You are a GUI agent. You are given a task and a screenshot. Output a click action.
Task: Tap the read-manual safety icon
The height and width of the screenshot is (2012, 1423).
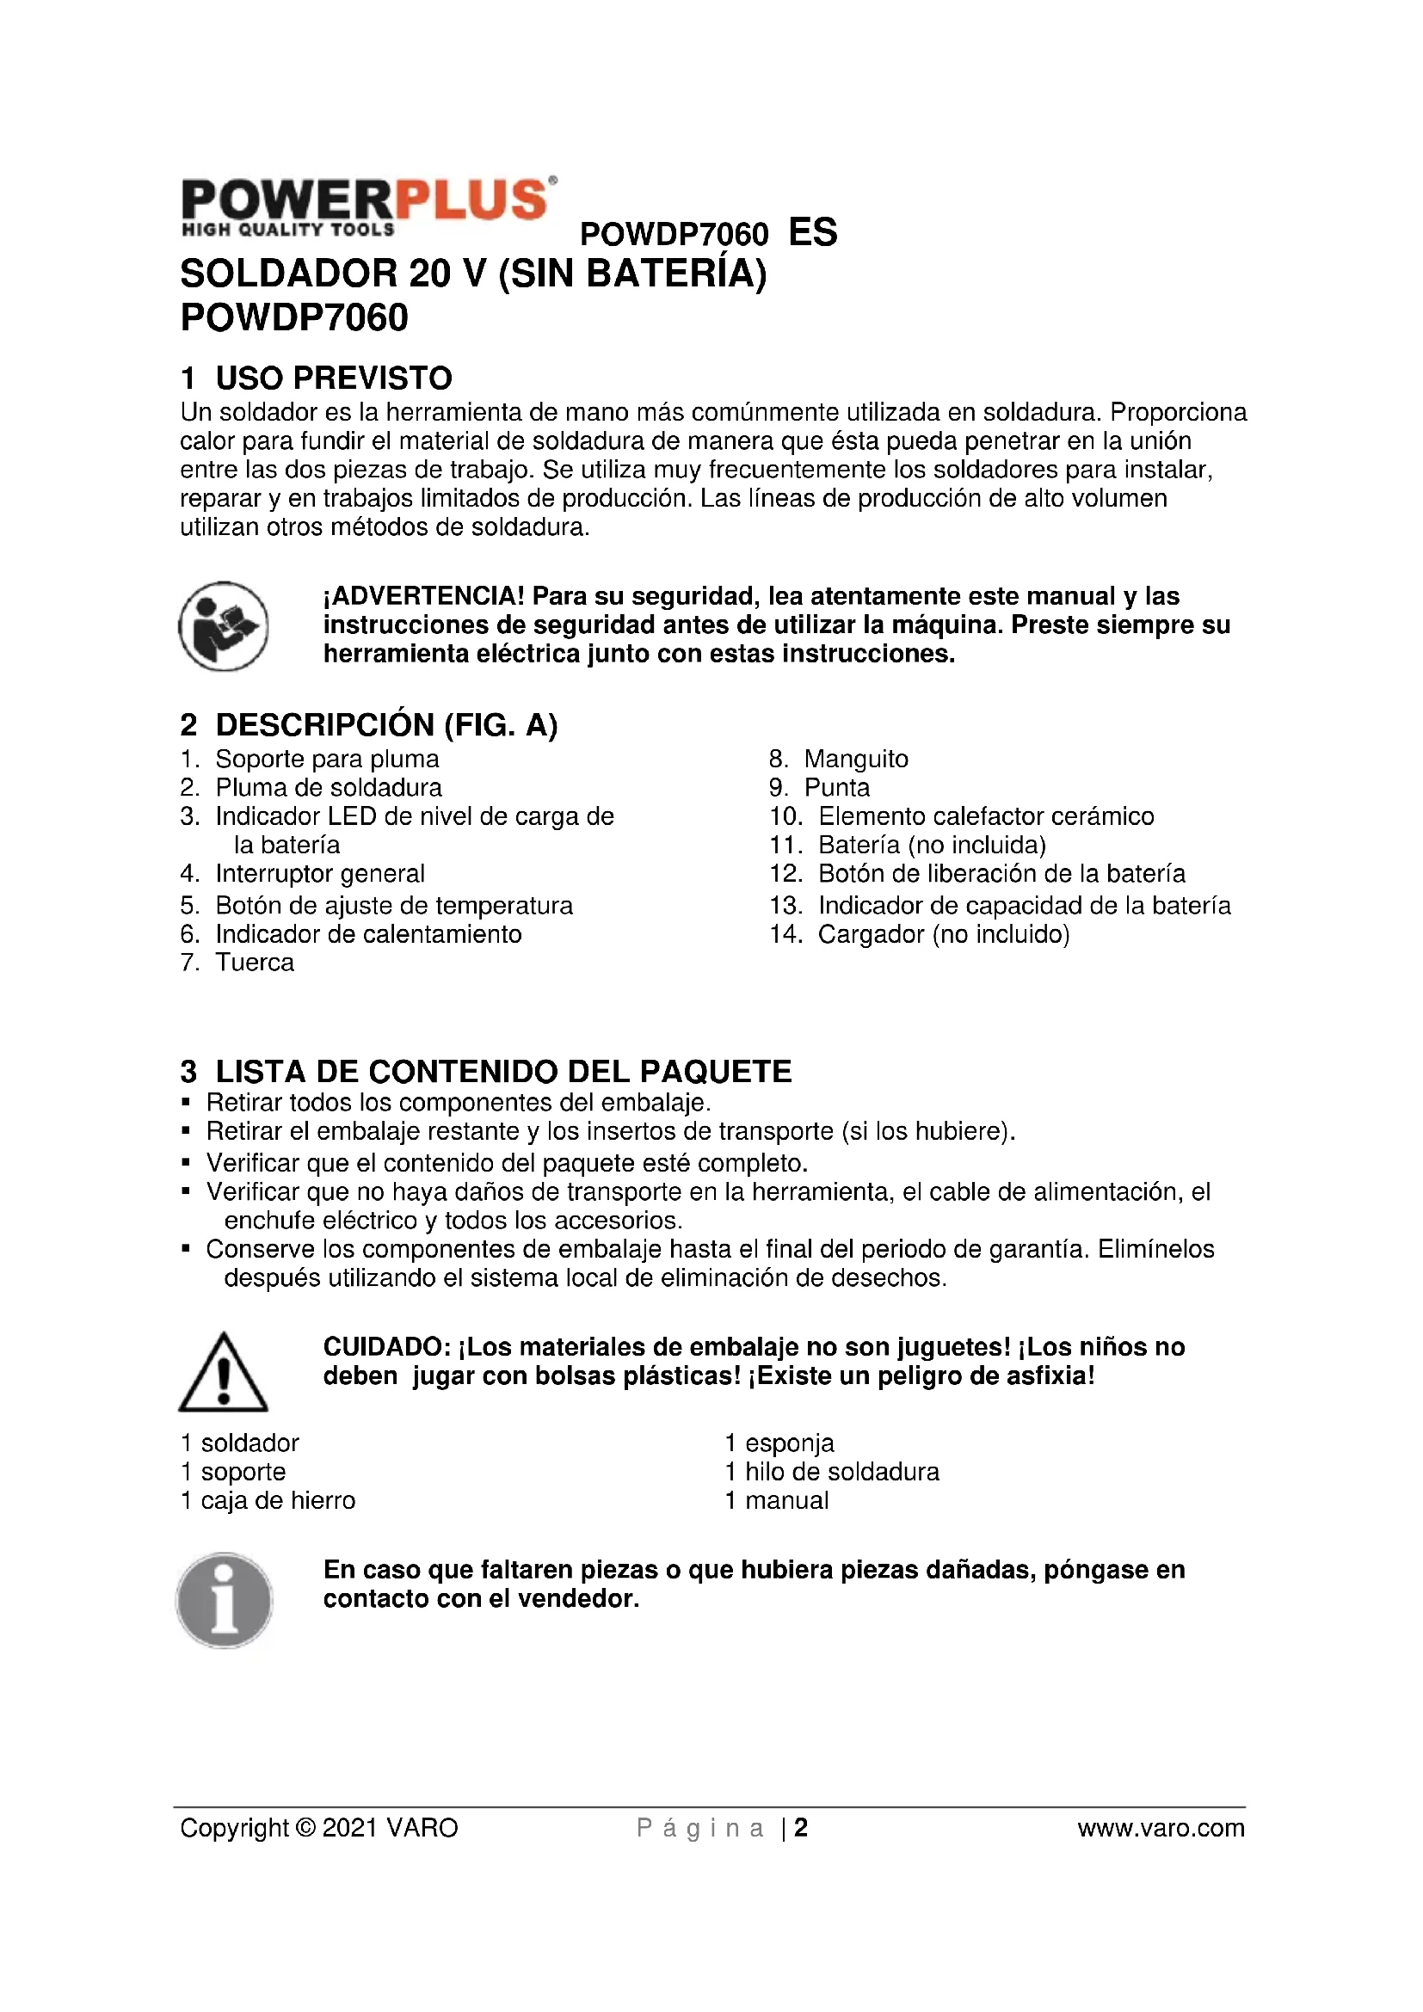click(224, 625)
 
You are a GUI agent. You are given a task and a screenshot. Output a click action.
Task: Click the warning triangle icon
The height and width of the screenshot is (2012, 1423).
click(224, 1373)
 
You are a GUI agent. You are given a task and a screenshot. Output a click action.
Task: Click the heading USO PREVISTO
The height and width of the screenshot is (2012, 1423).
click(333, 378)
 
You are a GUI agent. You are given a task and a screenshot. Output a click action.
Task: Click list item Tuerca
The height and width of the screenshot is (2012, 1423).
click(254, 963)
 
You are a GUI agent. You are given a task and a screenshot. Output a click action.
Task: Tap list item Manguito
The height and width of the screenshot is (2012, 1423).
click(855, 759)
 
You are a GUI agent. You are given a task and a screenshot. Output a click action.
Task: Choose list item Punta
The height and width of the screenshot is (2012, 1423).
click(837, 788)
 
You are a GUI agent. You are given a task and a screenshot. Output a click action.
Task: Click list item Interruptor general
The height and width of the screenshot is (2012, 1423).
click(320, 874)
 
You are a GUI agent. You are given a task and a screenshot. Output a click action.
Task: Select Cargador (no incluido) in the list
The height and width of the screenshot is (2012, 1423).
click(944, 935)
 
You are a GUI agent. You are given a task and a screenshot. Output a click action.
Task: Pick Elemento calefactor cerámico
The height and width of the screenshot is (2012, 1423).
click(986, 816)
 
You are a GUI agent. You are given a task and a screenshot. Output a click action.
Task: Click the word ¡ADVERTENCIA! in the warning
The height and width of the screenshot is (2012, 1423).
click(424, 597)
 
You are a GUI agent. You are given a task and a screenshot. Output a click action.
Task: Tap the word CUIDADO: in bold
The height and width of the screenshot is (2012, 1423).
click(386, 1347)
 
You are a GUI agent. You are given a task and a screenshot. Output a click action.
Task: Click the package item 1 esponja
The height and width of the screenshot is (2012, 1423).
click(779, 1443)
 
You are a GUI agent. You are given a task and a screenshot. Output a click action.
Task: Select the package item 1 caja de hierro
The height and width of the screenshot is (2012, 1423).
click(268, 1501)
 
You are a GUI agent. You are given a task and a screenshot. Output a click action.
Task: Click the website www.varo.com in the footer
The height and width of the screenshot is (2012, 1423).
click(1160, 1829)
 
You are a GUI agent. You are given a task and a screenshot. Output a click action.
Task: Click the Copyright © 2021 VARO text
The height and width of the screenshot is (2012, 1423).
click(319, 1829)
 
